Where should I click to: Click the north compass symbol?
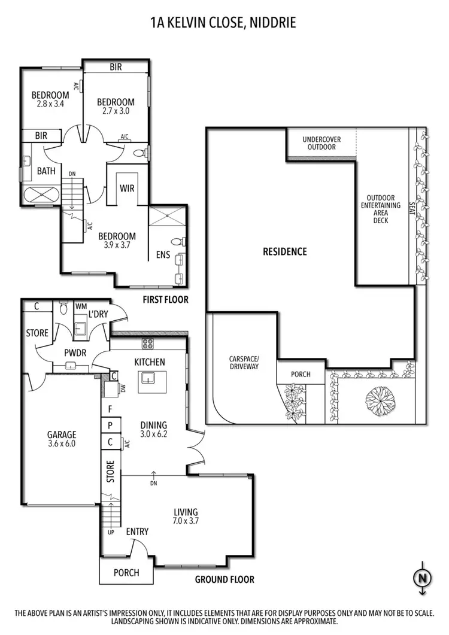coord(423,578)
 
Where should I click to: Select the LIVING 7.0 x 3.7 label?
coord(186,516)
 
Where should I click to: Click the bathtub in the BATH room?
coord(40,195)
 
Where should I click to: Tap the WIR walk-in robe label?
coord(127,189)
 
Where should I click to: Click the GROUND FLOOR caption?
coord(224,579)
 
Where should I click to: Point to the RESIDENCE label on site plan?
coord(284,251)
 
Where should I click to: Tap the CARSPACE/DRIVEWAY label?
coord(244,363)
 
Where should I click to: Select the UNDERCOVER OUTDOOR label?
coord(321,143)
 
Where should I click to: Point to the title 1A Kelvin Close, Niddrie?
coord(224,23)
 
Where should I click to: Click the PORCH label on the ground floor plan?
coord(126,573)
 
